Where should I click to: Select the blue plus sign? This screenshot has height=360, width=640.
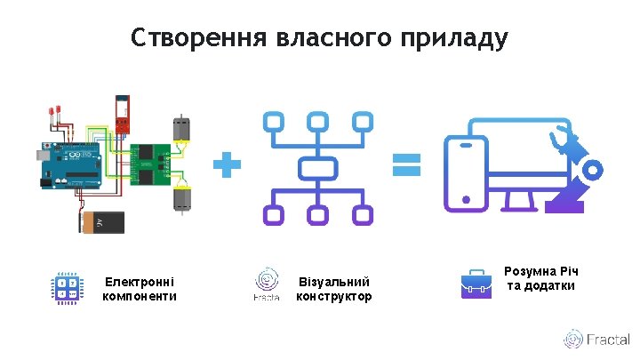(227, 164)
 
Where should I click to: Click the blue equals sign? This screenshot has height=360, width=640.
(406, 164)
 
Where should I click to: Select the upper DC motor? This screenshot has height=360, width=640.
(180, 130)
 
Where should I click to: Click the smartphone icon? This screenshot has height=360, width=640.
(467, 175)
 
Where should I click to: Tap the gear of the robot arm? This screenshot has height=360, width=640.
(592, 169)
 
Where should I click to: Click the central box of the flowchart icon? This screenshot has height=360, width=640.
(316, 167)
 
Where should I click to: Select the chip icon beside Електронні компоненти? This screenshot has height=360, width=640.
(67, 287)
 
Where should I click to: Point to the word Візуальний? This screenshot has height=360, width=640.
(333, 282)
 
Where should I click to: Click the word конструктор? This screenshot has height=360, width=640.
(333, 296)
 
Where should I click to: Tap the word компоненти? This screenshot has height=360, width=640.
(140, 296)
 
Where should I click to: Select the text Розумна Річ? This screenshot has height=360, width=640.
(541, 270)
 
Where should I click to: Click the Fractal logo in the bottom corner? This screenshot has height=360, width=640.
(596, 340)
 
